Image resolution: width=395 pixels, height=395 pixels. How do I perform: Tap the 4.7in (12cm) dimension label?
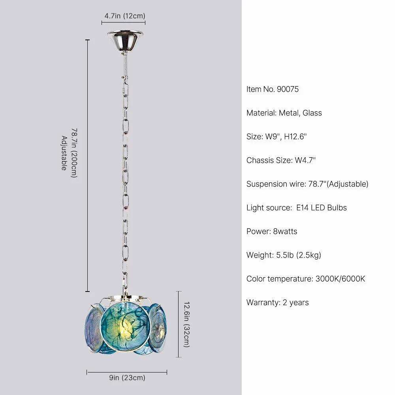click(125, 16)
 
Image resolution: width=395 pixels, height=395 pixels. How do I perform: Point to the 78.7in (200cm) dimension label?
click(73, 152)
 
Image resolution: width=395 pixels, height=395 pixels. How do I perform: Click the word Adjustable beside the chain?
click(64, 153)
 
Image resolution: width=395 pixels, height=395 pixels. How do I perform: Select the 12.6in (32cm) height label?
click(186, 324)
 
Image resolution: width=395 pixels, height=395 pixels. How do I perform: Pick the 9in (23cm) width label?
click(127, 378)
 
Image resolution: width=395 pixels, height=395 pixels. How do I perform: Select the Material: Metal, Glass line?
click(284, 113)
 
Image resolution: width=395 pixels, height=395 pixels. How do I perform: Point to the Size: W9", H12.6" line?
click(276, 137)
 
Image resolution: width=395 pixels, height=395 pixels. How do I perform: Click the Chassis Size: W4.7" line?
click(281, 160)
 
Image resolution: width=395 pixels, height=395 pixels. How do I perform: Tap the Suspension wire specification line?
click(307, 184)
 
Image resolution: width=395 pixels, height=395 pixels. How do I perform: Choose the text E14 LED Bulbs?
click(322, 208)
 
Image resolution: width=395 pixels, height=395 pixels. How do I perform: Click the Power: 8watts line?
click(272, 231)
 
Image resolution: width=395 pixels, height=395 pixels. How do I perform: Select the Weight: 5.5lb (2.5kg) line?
click(284, 255)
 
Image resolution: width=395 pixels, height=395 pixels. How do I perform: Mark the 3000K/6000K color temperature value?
click(340, 279)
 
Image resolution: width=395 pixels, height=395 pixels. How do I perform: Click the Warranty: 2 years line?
click(278, 303)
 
